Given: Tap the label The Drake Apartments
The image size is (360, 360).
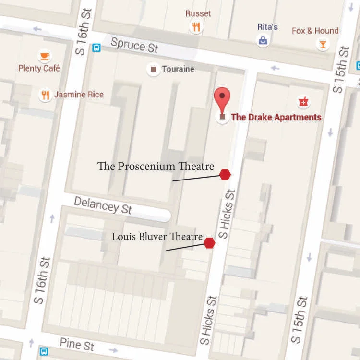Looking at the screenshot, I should coord(276,117).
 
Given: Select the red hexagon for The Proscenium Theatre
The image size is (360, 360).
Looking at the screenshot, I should coord(225,175).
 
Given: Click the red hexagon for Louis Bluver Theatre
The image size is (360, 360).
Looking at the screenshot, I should coord(209,243).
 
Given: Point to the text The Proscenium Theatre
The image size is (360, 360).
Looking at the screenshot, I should coord(156,167).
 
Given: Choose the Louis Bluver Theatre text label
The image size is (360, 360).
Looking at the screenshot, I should coord(156,237).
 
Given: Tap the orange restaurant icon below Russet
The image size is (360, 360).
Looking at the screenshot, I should coord(196,27).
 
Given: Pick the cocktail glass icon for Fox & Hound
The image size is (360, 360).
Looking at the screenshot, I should coord(323,45).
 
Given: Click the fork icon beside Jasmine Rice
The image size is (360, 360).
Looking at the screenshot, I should coord(45,95).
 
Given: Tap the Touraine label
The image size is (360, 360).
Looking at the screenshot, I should coord(178,69).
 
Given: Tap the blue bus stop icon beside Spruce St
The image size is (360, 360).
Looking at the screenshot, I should coord(96,48).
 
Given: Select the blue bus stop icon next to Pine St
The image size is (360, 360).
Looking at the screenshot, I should coord(44,351).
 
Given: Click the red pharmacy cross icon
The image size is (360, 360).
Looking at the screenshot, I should coord(303,102).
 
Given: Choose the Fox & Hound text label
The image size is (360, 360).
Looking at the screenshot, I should coord(315,31).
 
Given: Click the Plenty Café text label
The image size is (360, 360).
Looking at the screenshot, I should coord(39,69).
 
